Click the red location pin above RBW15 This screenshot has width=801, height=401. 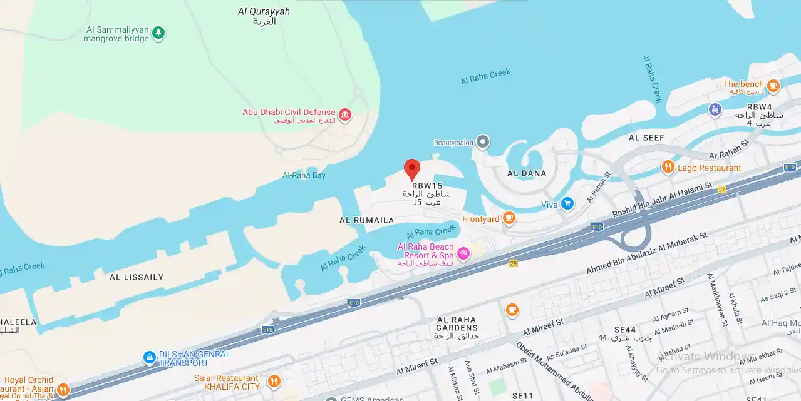(411, 168)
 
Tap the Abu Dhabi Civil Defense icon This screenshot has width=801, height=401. (344, 115)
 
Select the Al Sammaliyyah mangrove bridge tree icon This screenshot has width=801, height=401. (158, 32)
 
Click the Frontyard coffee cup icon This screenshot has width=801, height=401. (509, 218)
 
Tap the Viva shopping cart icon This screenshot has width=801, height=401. (567, 203)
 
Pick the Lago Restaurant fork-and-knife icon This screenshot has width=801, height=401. (668, 167)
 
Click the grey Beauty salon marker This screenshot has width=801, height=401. (482, 143)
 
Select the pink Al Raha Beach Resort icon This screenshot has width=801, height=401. (463, 253)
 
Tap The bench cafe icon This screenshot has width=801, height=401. (773, 85)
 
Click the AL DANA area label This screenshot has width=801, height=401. (527, 173)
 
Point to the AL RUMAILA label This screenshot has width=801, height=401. (367, 220)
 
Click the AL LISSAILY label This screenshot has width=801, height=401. (137, 277)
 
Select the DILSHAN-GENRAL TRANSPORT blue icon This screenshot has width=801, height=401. (149, 357)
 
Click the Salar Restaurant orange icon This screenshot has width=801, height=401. (274, 381)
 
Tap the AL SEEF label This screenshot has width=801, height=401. (646, 138)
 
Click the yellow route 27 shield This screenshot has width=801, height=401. (721, 189)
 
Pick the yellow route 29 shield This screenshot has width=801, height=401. (514, 263)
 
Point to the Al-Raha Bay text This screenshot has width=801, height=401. (304, 175)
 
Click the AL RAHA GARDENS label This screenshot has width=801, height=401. (457, 323)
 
